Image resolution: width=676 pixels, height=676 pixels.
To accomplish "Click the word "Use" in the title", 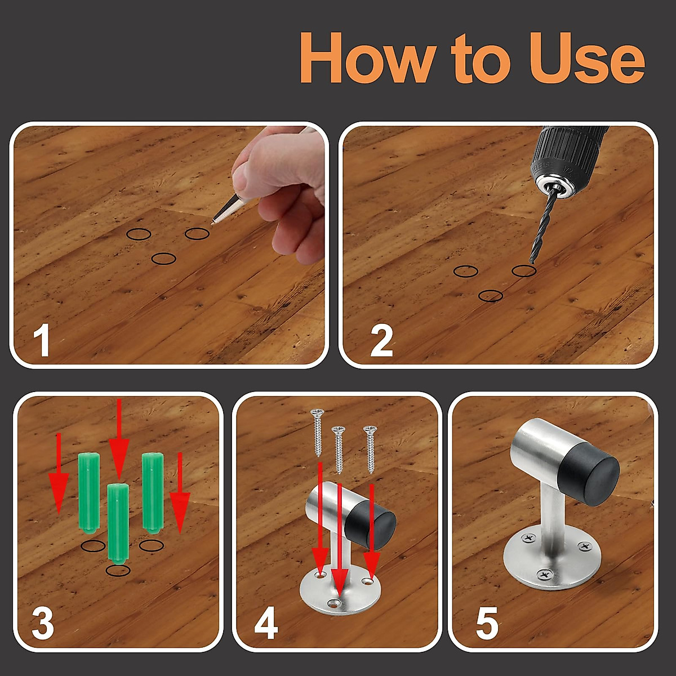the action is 587,57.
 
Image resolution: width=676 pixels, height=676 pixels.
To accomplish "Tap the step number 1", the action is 42,340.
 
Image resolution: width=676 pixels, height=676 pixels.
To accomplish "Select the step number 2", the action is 381,341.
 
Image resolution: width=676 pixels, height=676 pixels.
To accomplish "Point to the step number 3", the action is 43,622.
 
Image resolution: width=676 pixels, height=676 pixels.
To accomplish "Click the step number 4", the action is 266,622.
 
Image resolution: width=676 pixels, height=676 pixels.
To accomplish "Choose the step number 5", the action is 487,622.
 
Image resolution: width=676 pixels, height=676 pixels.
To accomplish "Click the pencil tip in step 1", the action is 212,222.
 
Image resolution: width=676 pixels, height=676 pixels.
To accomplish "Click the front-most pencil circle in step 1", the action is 164,259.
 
